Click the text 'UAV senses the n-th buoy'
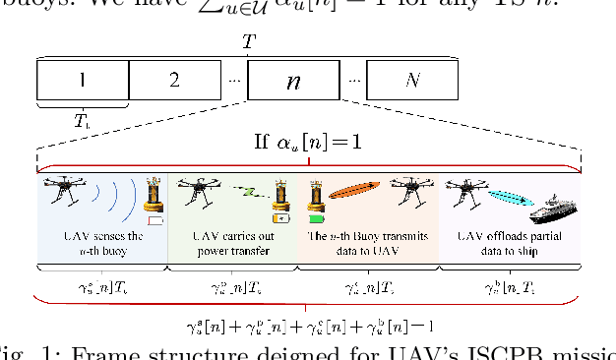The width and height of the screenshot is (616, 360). point(103,243)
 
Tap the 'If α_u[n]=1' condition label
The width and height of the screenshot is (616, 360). point(307,143)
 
